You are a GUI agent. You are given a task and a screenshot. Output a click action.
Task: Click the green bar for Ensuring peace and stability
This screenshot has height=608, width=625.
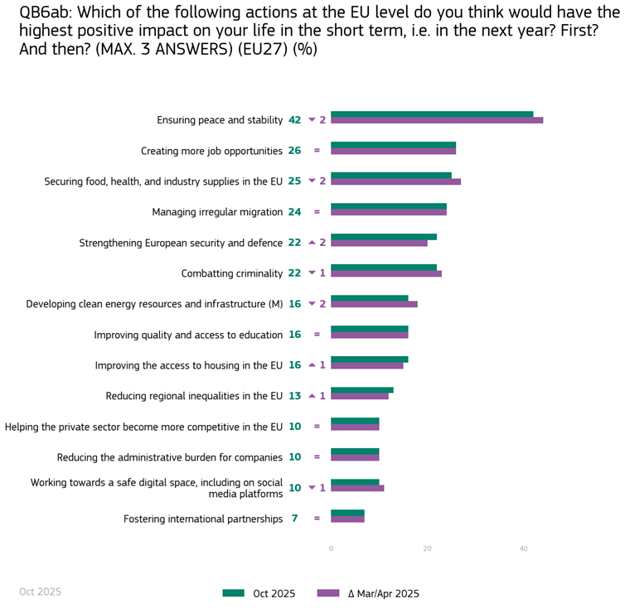point(432,114)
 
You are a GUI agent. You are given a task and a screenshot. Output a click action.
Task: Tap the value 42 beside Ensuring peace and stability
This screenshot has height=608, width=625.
point(294,120)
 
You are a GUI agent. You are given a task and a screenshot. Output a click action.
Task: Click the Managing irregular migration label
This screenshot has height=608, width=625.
point(217,212)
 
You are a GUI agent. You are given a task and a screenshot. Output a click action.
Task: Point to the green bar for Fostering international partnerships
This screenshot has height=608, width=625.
point(347,513)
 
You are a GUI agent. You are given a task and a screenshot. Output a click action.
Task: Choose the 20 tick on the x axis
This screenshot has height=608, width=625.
point(427,548)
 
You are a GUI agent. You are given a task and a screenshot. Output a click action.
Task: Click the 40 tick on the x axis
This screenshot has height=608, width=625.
point(523,548)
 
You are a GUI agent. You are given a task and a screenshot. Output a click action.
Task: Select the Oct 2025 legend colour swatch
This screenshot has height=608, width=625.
point(234,593)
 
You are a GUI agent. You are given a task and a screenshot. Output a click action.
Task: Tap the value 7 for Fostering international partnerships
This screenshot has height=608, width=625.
point(294,519)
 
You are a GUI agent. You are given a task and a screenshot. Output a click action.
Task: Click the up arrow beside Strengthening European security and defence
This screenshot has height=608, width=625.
point(312,243)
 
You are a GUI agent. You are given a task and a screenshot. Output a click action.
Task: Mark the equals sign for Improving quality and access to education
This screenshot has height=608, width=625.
point(317,335)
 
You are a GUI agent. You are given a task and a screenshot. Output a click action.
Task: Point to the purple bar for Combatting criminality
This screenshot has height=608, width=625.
point(385,273)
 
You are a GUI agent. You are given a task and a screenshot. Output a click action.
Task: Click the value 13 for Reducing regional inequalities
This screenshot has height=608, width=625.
point(294,396)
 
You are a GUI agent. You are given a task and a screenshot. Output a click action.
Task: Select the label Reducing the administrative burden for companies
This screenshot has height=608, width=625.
point(170,457)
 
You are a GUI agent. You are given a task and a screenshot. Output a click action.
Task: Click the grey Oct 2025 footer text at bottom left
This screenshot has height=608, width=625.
point(40,591)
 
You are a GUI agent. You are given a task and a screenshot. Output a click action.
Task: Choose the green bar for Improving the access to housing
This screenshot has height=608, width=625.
point(380,359)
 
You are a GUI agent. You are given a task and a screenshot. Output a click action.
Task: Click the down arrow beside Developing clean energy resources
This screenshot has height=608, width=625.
point(312,304)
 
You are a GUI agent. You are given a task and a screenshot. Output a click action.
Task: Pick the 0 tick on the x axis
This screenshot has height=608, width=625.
point(331,548)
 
